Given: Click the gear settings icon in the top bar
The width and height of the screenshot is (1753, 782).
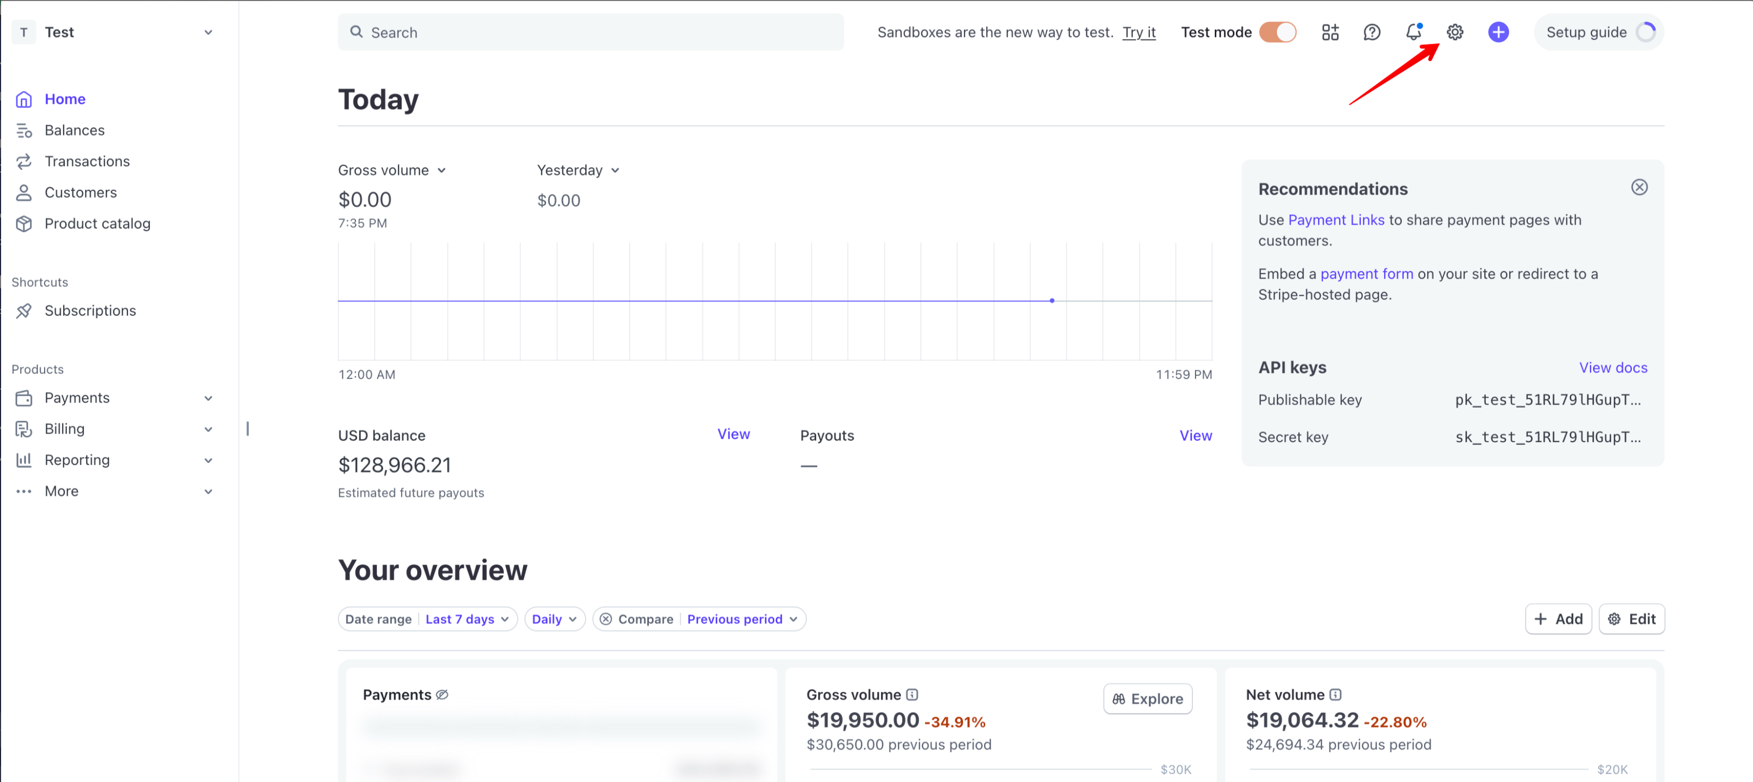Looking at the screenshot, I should point(1455,32).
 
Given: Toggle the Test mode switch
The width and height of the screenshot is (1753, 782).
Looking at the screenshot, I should point(1277,32).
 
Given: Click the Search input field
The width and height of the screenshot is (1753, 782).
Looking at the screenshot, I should point(591,32).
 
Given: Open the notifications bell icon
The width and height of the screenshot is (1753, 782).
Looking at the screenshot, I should point(1413,32).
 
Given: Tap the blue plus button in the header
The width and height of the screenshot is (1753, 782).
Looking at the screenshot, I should point(1498,32).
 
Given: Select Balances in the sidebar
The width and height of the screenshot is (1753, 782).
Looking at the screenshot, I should point(74,130).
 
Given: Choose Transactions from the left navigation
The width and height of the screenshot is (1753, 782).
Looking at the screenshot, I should point(87,161).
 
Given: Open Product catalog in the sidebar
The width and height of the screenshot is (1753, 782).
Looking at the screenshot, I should point(97,223).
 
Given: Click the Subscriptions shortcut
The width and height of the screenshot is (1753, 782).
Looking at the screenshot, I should point(90,310).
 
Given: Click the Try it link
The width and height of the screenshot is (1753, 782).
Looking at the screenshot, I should point(1139,32).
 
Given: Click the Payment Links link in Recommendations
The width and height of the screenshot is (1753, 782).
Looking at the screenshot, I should point(1336,220).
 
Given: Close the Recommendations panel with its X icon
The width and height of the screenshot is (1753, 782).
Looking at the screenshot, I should point(1639,187).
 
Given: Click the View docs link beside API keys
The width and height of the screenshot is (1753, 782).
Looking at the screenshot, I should point(1613,367).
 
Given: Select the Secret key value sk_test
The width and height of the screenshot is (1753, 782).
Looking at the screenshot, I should point(1547,437).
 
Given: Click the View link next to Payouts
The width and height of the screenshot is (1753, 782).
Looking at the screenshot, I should point(1195,435).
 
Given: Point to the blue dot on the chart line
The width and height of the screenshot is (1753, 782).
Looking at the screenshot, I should point(1052,300).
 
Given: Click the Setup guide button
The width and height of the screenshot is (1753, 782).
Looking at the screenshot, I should point(1598,32).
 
